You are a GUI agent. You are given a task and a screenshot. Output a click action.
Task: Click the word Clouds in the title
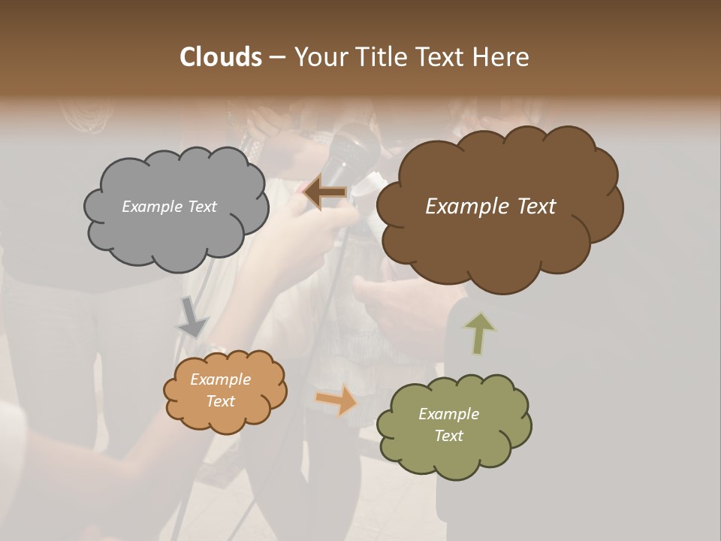(220, 57)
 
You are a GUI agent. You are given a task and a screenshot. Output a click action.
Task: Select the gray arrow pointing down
(192, 316)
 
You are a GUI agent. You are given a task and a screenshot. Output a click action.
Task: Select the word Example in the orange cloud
(221, 379)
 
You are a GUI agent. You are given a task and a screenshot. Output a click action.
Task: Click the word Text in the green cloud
(449, 436)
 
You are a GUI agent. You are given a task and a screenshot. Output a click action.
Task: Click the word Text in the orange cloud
(221, 401)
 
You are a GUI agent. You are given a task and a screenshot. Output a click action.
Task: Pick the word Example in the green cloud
(449, 414)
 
